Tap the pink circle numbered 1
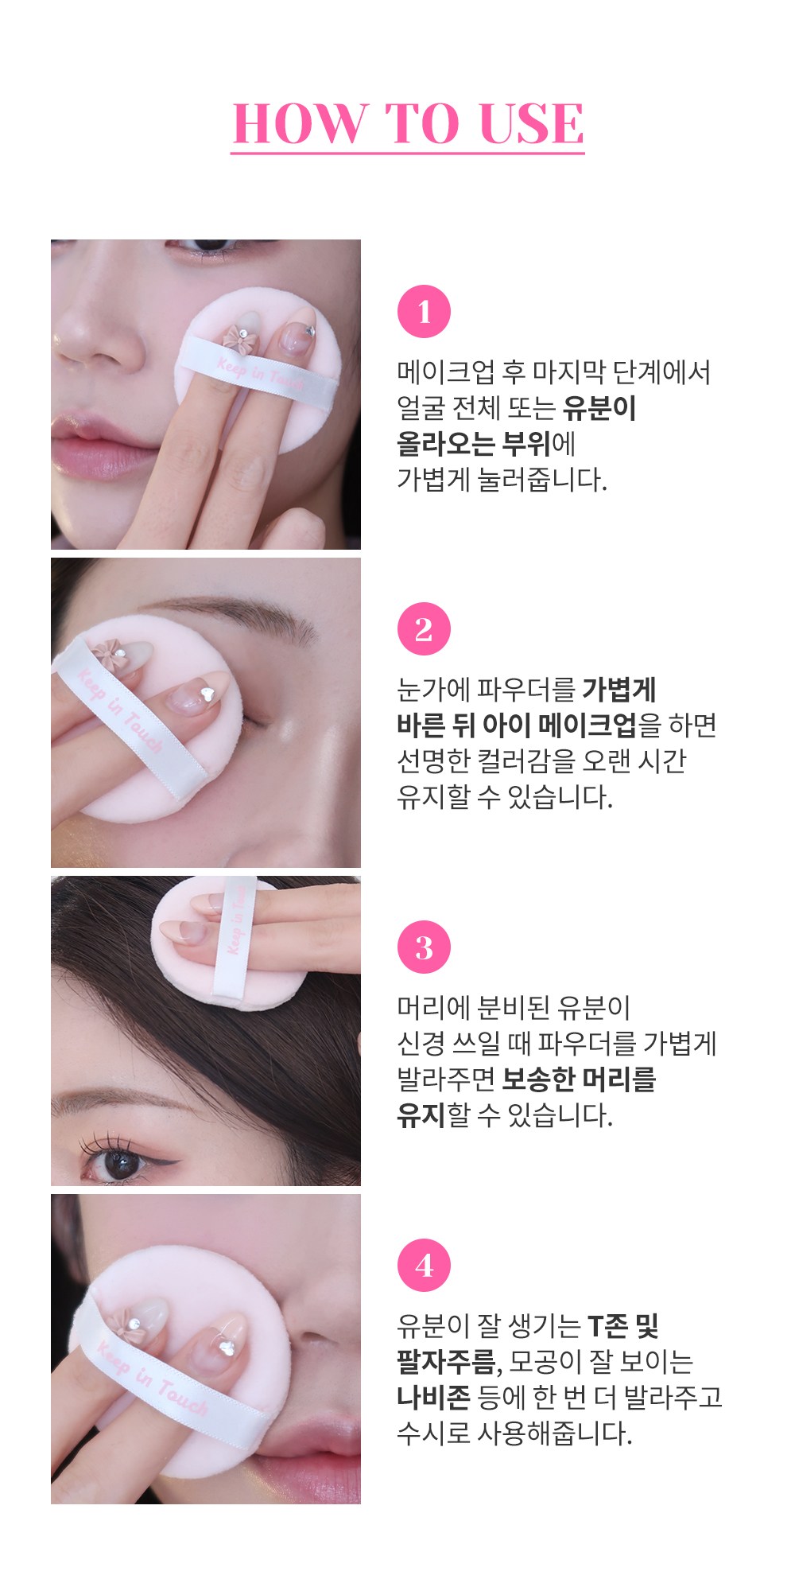(424, 312)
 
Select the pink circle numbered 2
(424, 629)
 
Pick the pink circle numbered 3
(424, 947)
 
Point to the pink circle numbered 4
(424, 1265)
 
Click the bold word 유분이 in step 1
(599, 408)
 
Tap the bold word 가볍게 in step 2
(619, 690)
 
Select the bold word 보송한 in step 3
(539, 1079)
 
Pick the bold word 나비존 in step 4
(433, 1397)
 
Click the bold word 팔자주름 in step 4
(447, 1361)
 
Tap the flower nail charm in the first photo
(237, 336)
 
